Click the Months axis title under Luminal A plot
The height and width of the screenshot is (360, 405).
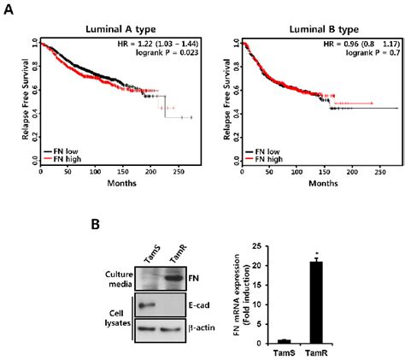(x=120, y=185)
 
